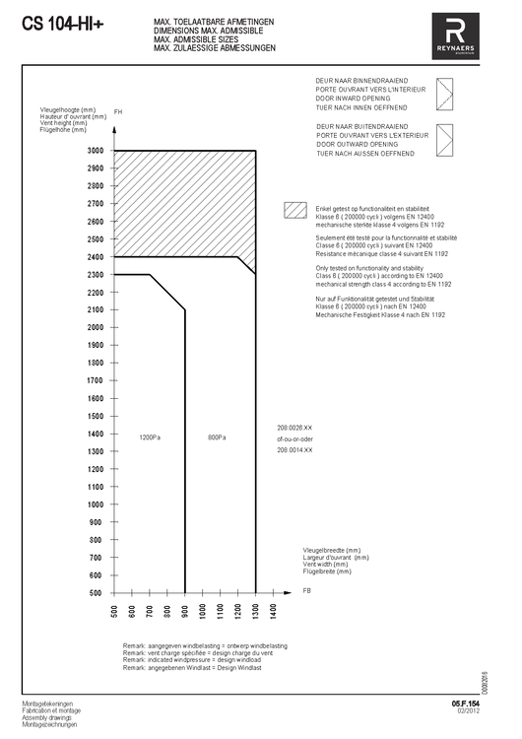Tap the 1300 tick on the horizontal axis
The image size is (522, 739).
[x=256, y=612]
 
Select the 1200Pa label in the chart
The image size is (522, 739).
[x=150, y=437]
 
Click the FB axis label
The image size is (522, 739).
[x=306, y=590]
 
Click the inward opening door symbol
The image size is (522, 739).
[x=446, y=96]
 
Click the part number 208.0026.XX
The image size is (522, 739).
[x=294, y=428]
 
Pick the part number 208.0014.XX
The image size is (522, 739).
[x=294, y=449]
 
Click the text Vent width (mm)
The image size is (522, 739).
[x=331, y=565]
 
